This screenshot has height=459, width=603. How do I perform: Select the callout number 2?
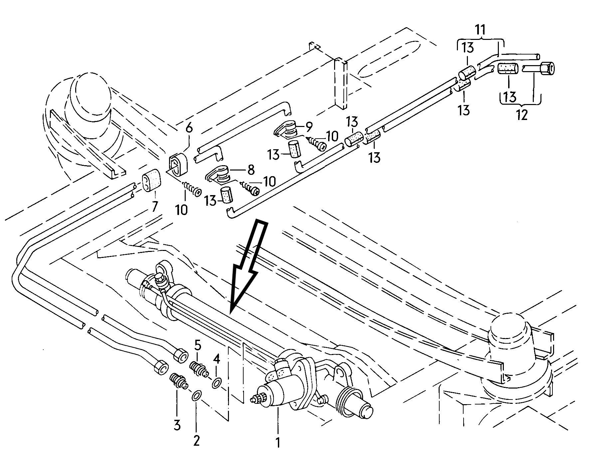click(196, 441)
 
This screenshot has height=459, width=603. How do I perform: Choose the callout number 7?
click(154, 207)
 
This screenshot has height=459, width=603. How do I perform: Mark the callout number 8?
click(251, 170)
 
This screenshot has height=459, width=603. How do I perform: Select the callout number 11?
click(480, 30)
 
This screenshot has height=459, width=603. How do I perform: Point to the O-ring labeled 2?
click(196, 395)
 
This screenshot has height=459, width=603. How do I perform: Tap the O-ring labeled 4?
click(217, 383)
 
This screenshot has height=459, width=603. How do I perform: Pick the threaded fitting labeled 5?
click(199, 369)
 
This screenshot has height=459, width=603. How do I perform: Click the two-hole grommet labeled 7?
click(151, 181)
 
